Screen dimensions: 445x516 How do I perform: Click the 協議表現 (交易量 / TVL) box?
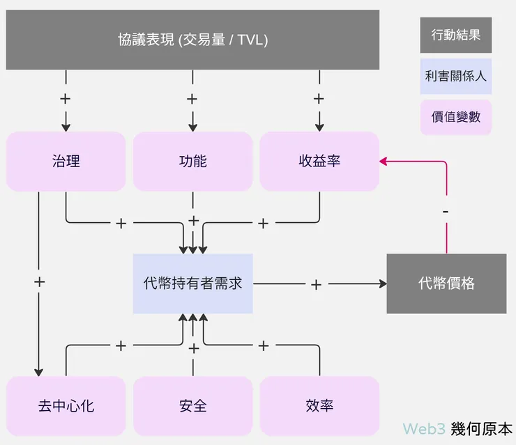192,40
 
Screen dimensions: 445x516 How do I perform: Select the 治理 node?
66,162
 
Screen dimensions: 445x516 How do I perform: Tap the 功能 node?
192,162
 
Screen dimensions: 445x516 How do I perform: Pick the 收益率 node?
319,162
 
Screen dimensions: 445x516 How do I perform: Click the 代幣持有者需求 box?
192,283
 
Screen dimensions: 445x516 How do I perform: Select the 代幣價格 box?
446,283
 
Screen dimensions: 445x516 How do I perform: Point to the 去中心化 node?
66,406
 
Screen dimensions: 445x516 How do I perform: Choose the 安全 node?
192,406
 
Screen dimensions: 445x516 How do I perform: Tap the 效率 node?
319,406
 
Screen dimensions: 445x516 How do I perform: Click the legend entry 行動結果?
455,35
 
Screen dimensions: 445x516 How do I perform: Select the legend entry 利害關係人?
455,76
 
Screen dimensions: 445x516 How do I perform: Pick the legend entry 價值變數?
455,116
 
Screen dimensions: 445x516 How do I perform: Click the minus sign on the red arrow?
446,211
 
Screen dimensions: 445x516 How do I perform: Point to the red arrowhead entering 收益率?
384,162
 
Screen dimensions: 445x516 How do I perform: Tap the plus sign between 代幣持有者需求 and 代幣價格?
316,284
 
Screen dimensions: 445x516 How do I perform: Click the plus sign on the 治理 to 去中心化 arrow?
39,282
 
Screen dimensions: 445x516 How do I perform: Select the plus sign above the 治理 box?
66,99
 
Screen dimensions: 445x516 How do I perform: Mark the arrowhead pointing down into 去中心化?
39,372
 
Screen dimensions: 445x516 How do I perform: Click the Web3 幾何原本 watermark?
457,428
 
